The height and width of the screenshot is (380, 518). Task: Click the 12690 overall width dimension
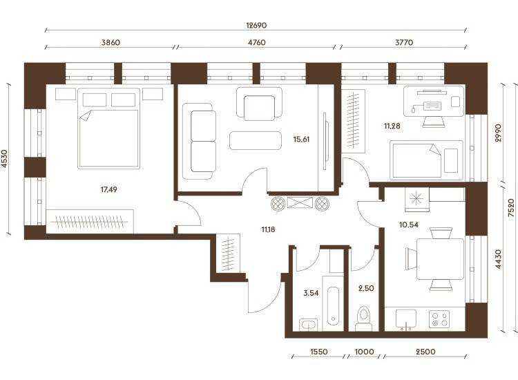click(x=256, y=26)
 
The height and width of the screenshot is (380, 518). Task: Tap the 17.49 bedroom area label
click(x=108, y=189)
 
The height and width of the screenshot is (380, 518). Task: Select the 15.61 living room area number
click(x=301, y=139)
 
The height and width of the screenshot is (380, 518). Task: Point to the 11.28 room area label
click(x=392, y=126)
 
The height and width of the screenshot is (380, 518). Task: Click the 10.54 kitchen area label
click(x=409, y=225)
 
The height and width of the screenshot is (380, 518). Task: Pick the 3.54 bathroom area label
click(x=311, y=293)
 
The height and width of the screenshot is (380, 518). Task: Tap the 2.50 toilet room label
click(x=366, y=288)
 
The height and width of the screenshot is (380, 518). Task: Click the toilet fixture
click(x=364, y=319)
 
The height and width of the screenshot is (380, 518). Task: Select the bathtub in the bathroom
click(x=333, y=306)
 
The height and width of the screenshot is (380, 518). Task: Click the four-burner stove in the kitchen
click(x=439, y=319)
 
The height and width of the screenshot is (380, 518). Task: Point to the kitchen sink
click(x=405, y=319)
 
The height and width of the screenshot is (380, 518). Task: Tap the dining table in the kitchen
click(x=440, y=259)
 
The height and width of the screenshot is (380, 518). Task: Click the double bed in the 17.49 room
click(x=108, y=129)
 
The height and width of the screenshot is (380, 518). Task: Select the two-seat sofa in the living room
click(x=199, y=141)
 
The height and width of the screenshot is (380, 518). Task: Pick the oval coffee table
click(x=256, y=140)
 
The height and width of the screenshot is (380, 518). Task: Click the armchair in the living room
click(x=259, y=104)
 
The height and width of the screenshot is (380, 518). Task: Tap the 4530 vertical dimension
click(x=4, y=159)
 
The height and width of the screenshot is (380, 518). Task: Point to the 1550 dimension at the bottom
click(x=319, y=352)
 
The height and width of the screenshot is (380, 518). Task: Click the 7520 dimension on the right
click(x=510, y=207)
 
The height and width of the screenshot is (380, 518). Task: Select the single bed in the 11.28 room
click(x=427, y=160)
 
